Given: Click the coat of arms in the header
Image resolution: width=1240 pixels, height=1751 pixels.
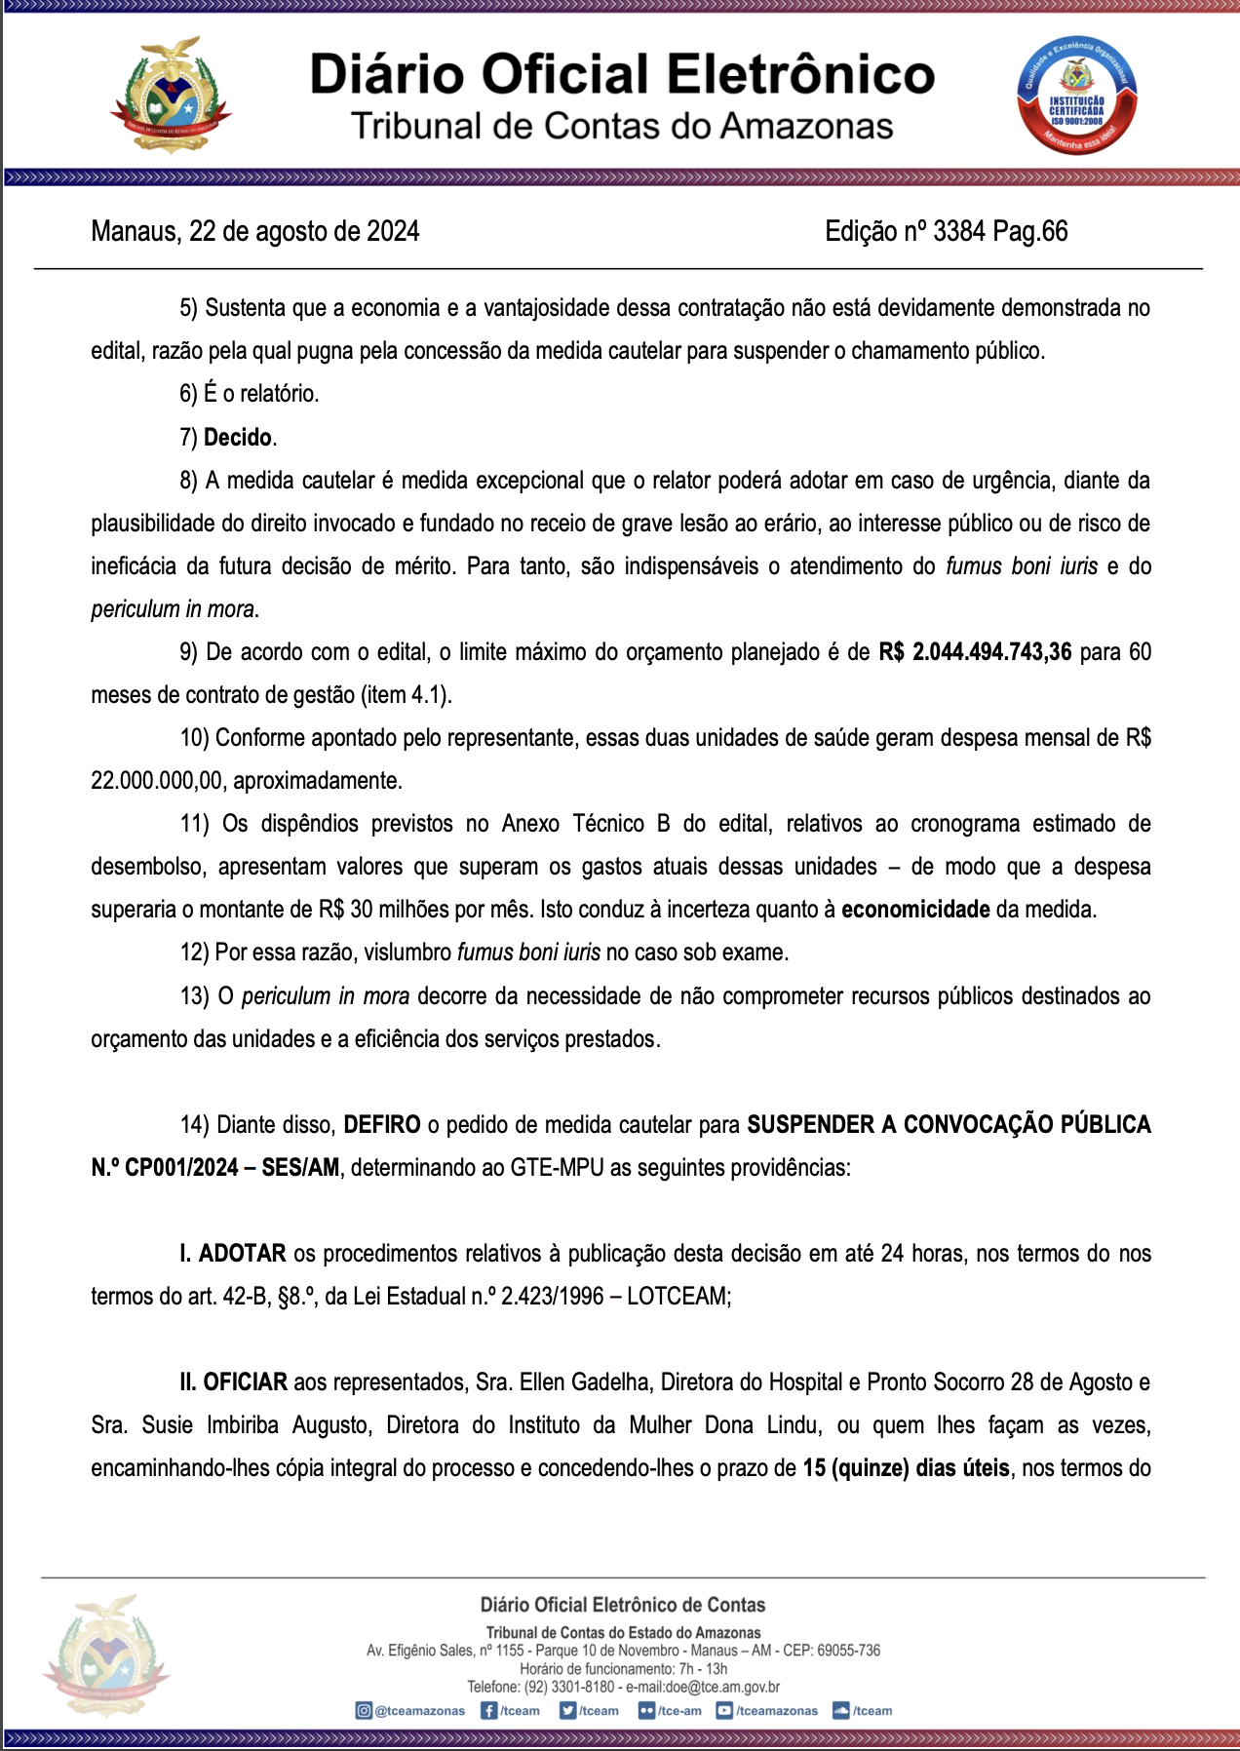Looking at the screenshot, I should [170, 96].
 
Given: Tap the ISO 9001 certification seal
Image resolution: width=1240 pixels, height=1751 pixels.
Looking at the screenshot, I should [1076, 96].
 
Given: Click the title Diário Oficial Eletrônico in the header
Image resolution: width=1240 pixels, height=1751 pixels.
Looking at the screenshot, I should [622, 75].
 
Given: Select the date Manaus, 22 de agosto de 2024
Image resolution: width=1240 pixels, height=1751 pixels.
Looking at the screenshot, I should [255, 231].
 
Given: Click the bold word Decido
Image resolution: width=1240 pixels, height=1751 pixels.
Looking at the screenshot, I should [238, 437].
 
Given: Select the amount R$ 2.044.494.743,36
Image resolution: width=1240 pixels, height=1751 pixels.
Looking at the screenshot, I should [975, 651].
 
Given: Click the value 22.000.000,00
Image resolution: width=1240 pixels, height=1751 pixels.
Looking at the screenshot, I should [157, 780].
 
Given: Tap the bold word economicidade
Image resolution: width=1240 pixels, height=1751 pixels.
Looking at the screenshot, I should [915, 909].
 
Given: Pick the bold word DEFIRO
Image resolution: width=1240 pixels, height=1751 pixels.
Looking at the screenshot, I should [382, 1124].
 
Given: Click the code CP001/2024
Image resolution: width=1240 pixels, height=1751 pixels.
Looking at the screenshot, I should [181, 1167].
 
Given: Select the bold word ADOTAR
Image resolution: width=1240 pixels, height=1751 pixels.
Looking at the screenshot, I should [243, 1253].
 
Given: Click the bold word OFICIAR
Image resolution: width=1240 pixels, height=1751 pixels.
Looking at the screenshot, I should [246, 1381].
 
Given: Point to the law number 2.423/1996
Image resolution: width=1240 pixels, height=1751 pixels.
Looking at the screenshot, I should [553, 1296].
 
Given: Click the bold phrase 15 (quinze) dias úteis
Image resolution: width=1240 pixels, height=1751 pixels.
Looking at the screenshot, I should [906, 1467].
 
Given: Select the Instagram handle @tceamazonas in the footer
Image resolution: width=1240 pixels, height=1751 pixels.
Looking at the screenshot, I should [419, 1710].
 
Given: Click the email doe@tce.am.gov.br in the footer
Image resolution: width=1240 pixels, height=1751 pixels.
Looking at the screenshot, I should [722, 1687].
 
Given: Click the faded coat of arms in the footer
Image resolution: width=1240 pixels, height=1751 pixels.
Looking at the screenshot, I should [105, 1658].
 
